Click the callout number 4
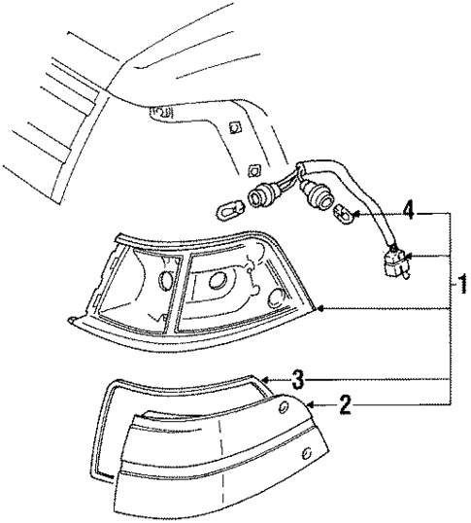click(409, 209)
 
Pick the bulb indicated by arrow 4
click(343, 213)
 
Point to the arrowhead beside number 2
click(308, 401)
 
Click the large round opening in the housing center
click(215, 283)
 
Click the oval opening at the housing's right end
click(280, 298)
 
